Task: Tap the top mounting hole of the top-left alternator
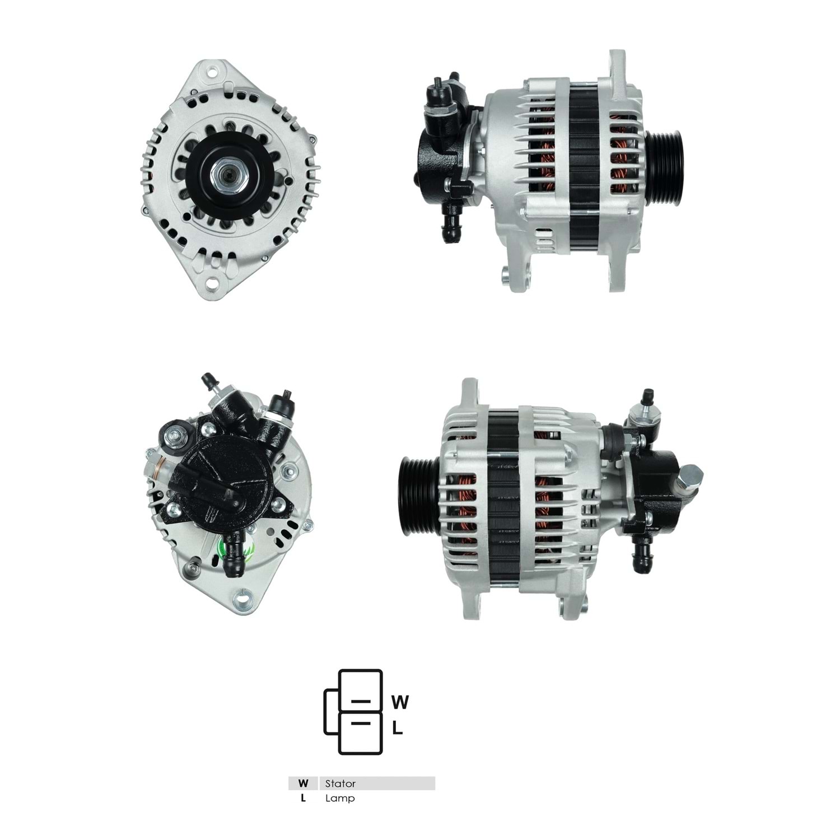(213, 72)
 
